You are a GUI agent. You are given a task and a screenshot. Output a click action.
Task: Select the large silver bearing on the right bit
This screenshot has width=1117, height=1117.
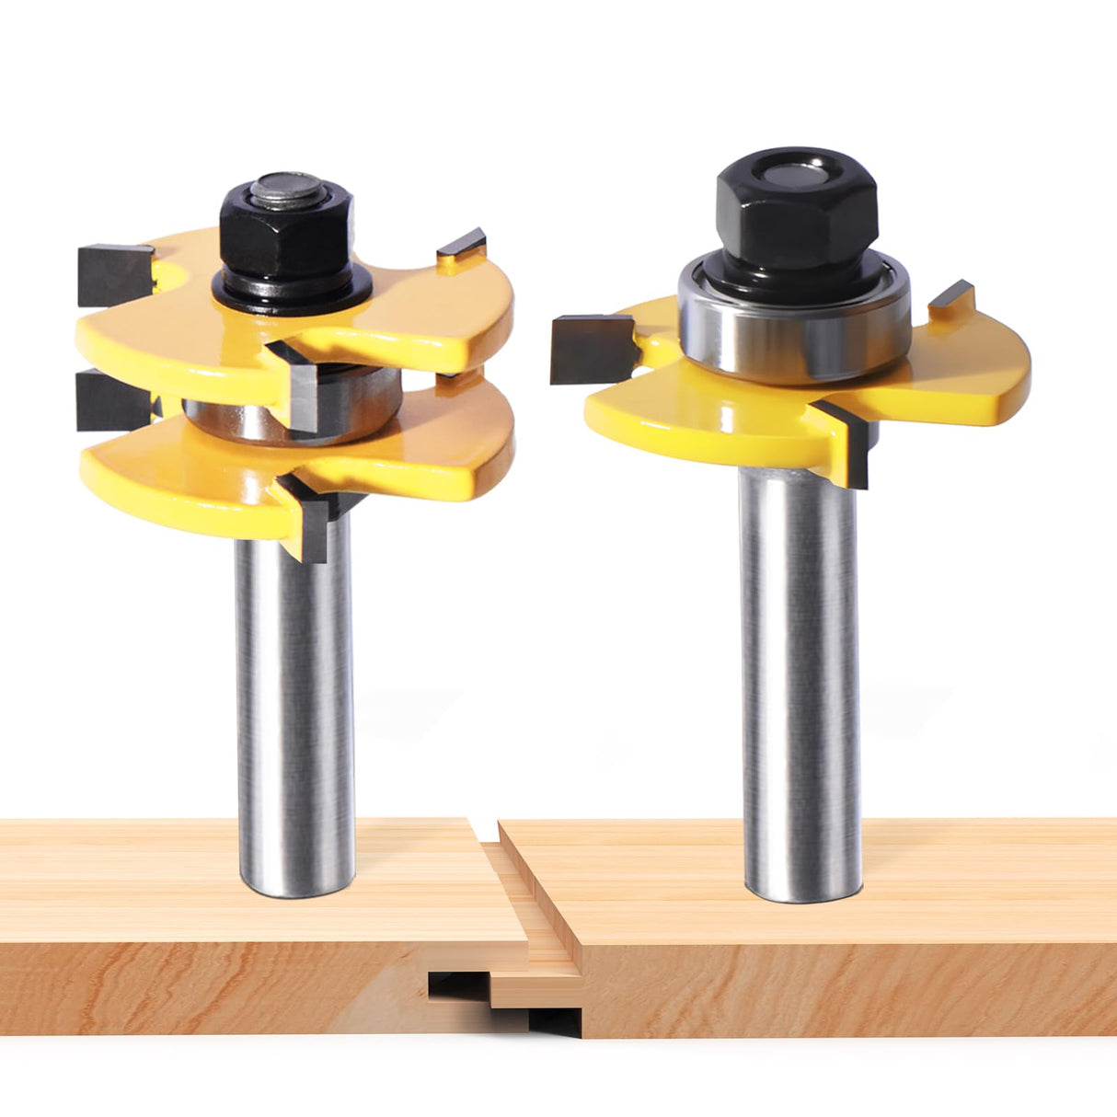point(794,322)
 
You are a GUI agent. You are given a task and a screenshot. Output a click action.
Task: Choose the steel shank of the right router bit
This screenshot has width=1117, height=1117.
point(800,681)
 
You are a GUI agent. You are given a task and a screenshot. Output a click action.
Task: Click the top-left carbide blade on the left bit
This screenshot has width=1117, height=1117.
point(112,273)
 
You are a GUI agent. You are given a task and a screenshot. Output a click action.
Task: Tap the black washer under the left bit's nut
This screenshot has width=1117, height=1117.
point(292,293)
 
